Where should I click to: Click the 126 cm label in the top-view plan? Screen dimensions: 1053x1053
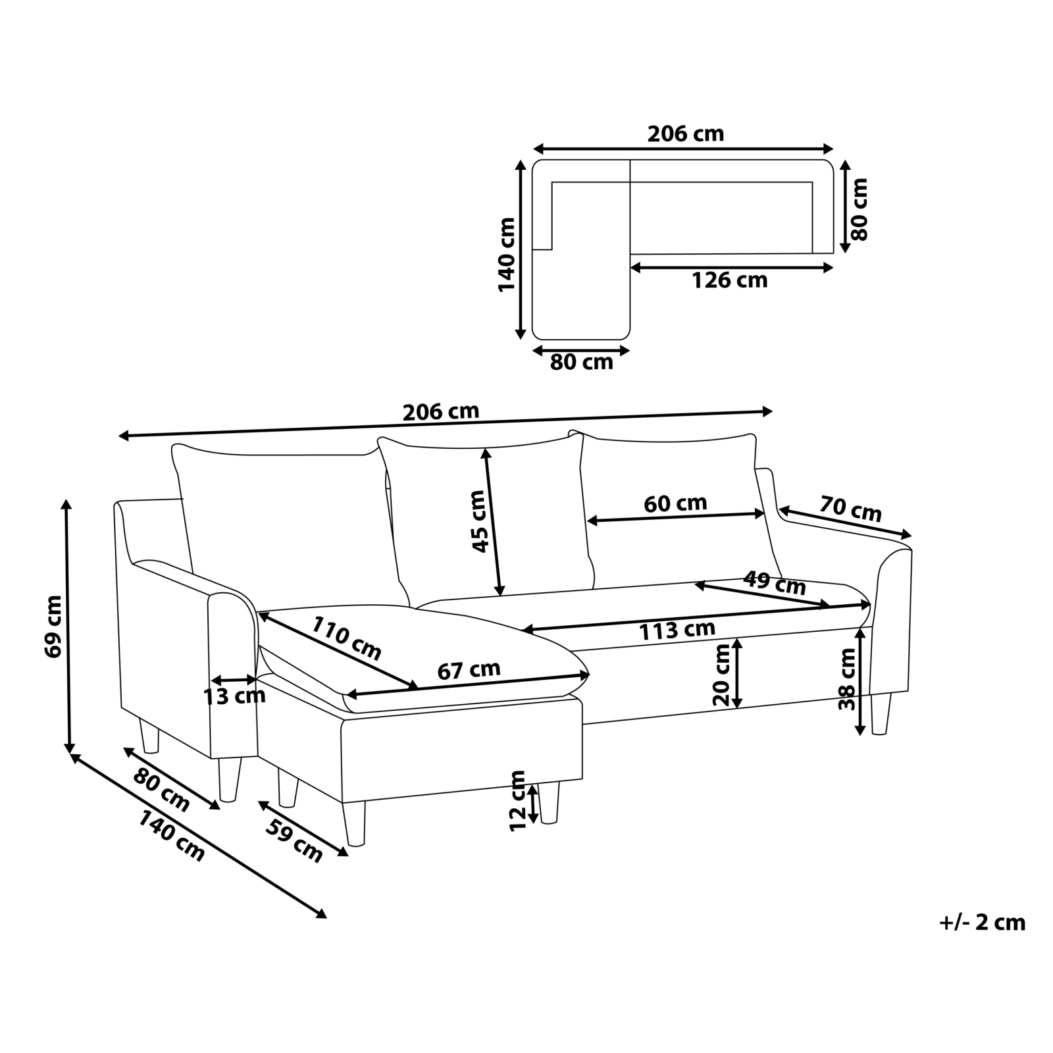(x=729, y=280)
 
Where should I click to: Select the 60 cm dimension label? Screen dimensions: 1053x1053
(x=675, y=503)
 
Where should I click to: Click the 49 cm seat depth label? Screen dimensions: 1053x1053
(x=774, y=583)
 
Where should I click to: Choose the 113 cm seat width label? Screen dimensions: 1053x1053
(x=677, y=630)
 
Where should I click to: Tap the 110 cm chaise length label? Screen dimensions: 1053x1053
(x=346, y=638)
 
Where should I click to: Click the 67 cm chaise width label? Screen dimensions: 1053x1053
(x=469, y=670)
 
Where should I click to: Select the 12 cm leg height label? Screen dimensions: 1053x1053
(x=519, y=800)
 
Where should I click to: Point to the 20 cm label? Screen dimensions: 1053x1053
(x=721, y=675)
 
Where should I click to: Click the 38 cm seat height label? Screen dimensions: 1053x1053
(x=847, y=679)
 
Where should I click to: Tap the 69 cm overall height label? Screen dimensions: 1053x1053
(x=53, y=626)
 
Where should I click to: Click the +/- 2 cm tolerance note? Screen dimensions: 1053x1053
(x=983, y=923)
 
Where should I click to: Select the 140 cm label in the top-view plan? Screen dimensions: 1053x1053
(x=507, y=255)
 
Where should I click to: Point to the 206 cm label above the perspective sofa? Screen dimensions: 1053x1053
(x=441, y=412)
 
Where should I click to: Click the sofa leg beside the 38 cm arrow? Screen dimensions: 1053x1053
(x=880, y=713)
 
